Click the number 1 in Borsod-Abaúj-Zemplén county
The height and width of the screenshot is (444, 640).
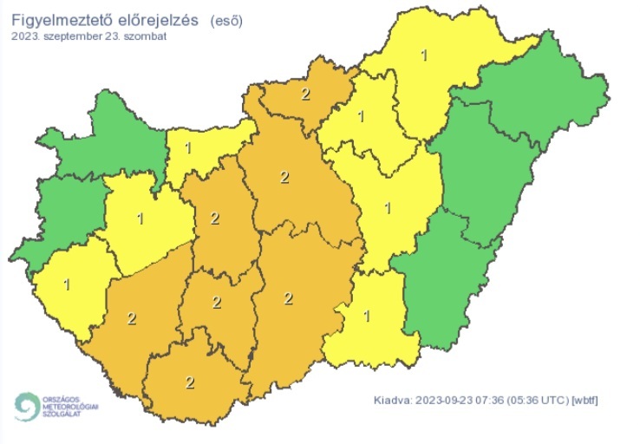(423, 56)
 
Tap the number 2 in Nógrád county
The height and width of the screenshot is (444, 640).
(304, 94)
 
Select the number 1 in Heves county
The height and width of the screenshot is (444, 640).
(360, 116)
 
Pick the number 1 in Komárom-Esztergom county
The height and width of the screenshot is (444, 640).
(187, 148)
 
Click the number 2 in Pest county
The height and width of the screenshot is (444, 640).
(284, 178)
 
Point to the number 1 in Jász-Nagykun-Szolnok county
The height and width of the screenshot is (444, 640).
(388, 207)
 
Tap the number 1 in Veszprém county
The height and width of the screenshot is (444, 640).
(140, 217)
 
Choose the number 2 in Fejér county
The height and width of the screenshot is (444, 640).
(215, 218)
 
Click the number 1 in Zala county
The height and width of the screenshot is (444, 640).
(67, 284)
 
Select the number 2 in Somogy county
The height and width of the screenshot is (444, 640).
(131, 318)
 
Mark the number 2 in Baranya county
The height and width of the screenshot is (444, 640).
(189, 382)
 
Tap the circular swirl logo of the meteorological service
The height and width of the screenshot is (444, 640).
(27, 406)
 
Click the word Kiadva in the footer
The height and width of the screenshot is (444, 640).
(392, 400)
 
